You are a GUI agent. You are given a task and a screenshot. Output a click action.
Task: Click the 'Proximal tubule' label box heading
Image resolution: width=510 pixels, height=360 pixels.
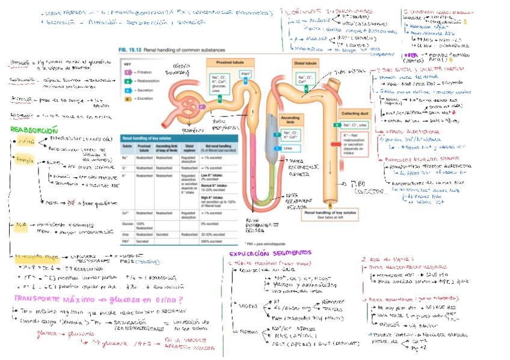(224, 61)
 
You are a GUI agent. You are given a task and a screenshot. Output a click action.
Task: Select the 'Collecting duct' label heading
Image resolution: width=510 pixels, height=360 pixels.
(355, 113)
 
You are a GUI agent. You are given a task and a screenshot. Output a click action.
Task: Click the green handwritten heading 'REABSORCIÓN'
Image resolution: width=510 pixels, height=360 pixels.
(34, 130)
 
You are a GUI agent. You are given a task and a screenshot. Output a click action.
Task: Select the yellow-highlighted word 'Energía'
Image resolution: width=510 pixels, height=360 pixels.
(24, 160)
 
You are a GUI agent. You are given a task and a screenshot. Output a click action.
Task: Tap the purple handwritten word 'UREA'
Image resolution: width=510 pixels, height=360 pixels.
(409, 55)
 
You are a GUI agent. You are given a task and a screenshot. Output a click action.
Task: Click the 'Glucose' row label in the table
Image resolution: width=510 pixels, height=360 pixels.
(127, 224)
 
